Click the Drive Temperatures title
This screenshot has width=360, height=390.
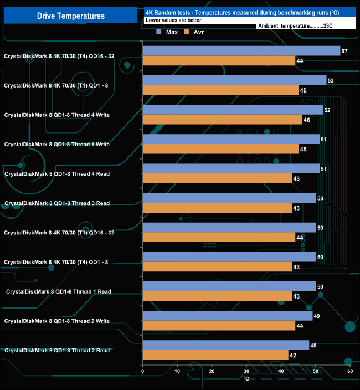(x=70, y=16)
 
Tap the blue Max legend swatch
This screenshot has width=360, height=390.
(x=159, y=32)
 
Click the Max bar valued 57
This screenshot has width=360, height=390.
(x=241, y=51)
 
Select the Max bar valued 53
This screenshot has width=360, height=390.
(x=234, y=80)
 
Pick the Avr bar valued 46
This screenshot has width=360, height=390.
(x=222, y=119)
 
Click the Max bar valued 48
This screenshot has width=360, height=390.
(x=226, y=345)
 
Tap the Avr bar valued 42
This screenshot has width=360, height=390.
(x=215, y=355)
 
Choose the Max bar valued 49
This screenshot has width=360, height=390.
(x=228, y=316)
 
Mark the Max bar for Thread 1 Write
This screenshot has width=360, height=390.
(x=231, y=139)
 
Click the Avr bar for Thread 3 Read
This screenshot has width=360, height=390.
(x=217, y=208)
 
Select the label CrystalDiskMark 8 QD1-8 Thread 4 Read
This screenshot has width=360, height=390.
(x=57, y=174)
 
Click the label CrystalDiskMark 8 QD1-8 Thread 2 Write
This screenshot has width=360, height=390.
(x=57, y=321)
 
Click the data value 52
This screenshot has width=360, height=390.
(x=327, y=110)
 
